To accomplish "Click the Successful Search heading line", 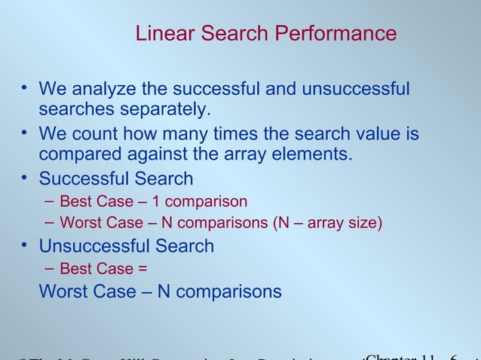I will tap(115, 179).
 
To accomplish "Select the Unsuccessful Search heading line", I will tap(126, 246).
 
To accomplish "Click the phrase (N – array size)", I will tap(326, 224).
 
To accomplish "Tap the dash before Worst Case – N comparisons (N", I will tap(49, 223).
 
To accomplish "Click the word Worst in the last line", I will tap(63, 291).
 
